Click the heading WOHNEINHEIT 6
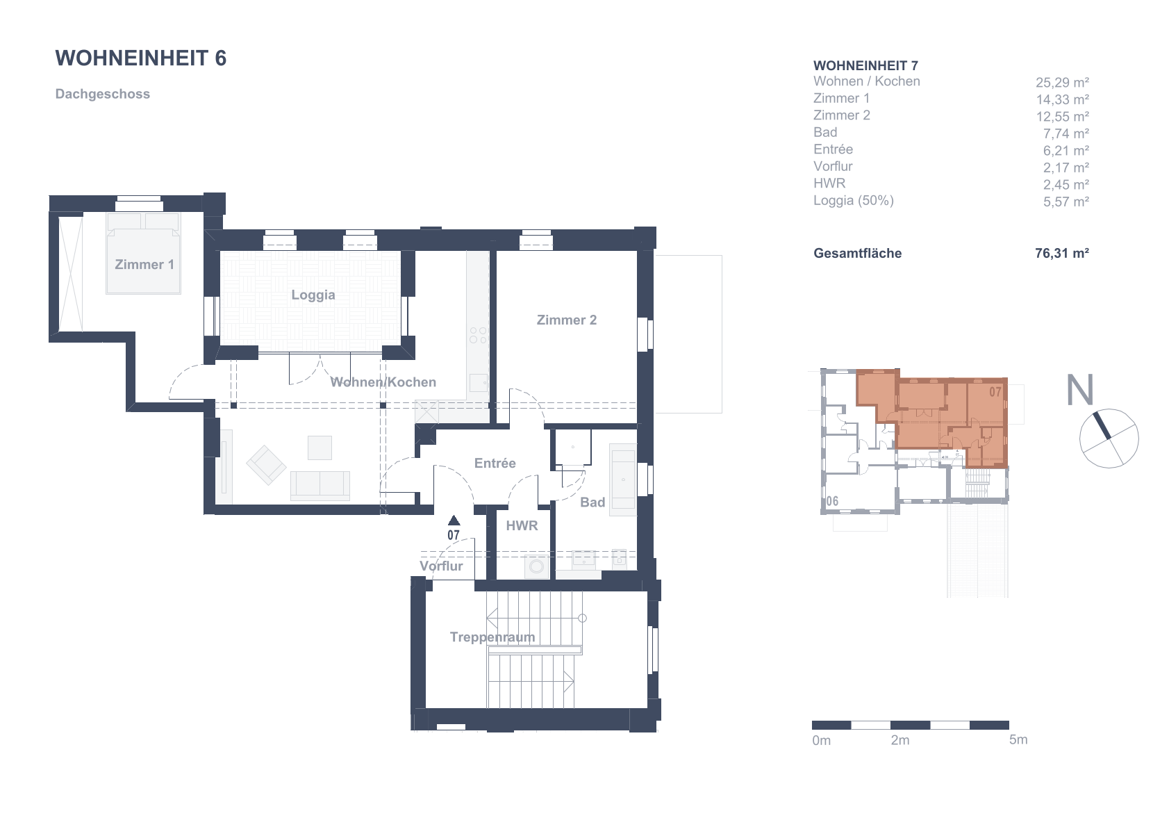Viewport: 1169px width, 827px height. point(141,58)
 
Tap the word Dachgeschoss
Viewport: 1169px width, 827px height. point(103,94)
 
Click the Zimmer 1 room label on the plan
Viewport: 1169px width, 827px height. point(144,265)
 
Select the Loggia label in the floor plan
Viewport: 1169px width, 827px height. point(313,295)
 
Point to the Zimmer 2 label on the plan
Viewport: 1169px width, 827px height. point(567,320)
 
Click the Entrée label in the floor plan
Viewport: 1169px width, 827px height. point(495,463)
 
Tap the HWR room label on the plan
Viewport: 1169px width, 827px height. point(522,526)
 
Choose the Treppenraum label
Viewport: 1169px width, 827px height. point(492,637)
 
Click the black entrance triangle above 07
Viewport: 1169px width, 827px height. point(454,520)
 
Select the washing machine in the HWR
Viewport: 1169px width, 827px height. point(536,567)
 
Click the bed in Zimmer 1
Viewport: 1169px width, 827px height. point(144,253)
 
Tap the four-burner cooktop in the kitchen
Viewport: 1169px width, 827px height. point(477,335)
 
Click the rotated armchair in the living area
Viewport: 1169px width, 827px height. point(266,465)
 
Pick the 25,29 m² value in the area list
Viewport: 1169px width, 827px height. point(1062,83)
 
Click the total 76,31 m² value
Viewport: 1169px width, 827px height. point(1062,253)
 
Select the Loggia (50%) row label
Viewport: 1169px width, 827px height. point(853,200)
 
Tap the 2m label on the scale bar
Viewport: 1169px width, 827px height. point(900,740)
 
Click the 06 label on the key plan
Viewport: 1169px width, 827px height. point(832,501)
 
